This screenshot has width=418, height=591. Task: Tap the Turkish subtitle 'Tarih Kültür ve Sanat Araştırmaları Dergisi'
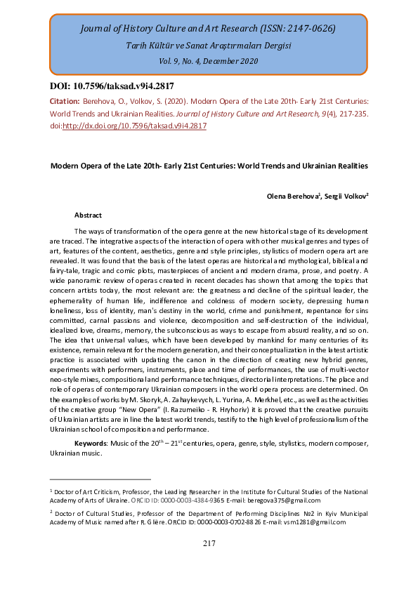(208, 46)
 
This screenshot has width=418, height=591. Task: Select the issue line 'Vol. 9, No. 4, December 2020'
(208, 61)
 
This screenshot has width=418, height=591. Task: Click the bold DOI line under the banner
(111, 86)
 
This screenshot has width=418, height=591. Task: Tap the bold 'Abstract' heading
(88, 215)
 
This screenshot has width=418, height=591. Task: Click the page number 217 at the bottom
(209, 543)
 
